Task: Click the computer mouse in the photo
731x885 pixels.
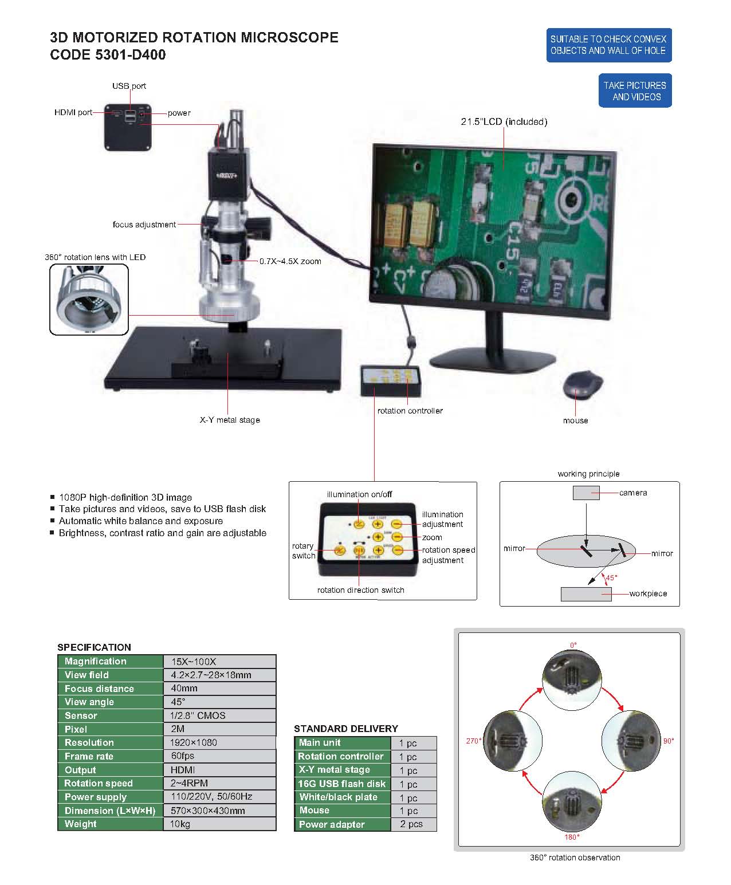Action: pyautogui.click(x=583, y=386)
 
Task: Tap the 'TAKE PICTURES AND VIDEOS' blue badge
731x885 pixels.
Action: pyautogui.click(x=635, y=91)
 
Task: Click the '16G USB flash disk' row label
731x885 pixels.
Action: pyautogui.click(x=342, y=784)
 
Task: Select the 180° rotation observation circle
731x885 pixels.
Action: pyautogui.click(x=572, y=802)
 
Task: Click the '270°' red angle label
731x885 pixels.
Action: pyautogui.click(x=473, y=741)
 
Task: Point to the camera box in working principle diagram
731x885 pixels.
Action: pyautogui.click(x=586, y=493)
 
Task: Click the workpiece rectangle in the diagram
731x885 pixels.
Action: pyautogui.click(x=586, y=594)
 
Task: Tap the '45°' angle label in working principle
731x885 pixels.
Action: pyautogui.click(x=612, y=578)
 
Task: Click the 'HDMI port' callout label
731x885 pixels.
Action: pyautogui.click(x=73, y=112)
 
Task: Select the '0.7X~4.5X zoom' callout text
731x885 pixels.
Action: pyautogui.click(x=290, y=261)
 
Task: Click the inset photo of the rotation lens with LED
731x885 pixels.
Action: pyautogui.click(x=89, y=300)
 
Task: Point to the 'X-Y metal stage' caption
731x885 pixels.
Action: pyautogui.click(x=230, y=420)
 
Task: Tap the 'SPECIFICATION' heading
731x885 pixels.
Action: pyautogui.click(x=94, y=647)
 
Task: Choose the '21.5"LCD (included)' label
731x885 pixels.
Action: pyautogui.click(x=504, y=121)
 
